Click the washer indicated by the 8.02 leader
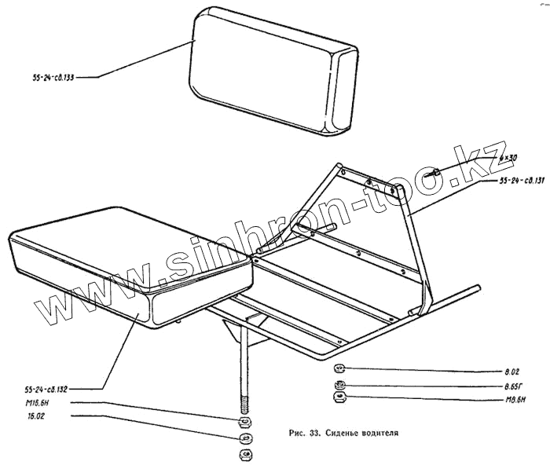tap(340, 368)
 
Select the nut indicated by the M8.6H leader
tap(340, 397)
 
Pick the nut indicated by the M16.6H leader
tap(244, 421)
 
